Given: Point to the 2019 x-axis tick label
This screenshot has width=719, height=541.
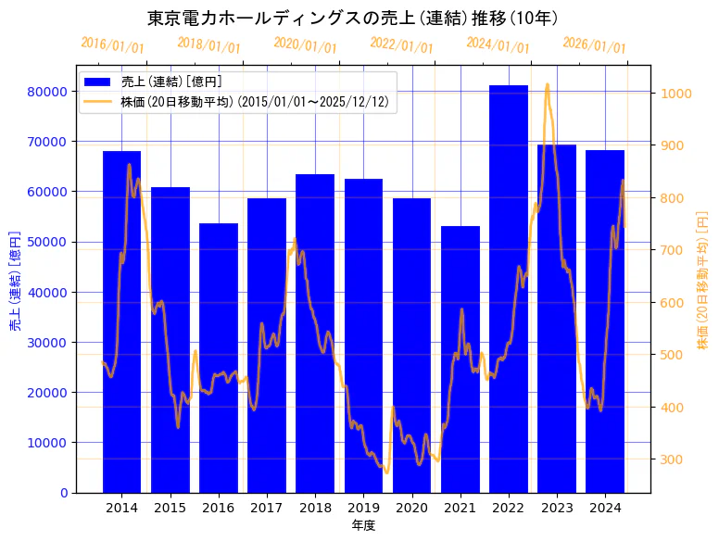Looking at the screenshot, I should (363, 508).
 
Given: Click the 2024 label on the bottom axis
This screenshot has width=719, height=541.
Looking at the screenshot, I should (605, 508).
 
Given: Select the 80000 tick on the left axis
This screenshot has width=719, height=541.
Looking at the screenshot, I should (46, 92).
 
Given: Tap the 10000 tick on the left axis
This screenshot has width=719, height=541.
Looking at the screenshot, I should (46, 443).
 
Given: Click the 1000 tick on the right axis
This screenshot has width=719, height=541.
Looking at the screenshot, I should (673, 94).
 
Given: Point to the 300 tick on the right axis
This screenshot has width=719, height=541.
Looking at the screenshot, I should (669, 459).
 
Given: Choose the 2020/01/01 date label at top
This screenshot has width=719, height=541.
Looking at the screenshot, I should (306, 44).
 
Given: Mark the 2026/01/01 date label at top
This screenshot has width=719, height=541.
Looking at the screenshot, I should (595, 44).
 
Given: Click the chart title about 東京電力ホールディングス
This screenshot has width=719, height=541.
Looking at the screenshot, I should (352, 18).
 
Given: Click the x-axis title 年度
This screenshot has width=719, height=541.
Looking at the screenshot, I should (363, 526).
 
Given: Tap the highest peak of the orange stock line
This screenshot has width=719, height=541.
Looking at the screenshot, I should (547, 84).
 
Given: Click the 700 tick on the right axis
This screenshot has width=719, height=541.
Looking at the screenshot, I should (669, 250).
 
